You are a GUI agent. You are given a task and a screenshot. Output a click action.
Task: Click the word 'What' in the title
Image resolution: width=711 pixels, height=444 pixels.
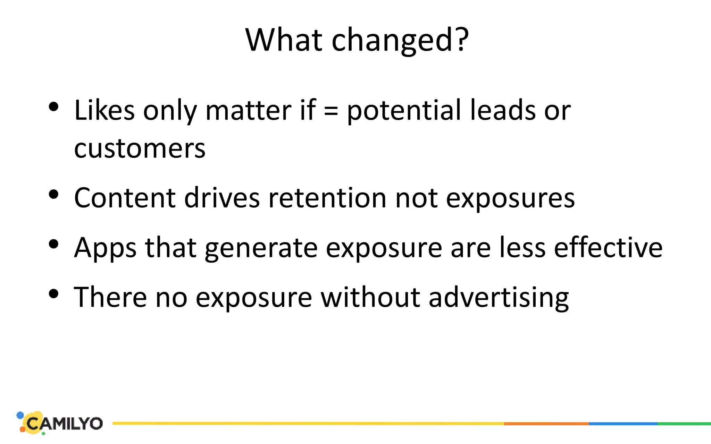point(283,40)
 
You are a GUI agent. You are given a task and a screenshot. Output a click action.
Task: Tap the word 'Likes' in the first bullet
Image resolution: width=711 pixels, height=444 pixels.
point(104,110)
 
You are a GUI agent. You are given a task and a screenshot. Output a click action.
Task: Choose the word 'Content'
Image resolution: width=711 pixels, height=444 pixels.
point(125,198)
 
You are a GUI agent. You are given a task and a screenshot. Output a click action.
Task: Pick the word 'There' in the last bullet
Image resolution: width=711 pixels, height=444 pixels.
point(110,297)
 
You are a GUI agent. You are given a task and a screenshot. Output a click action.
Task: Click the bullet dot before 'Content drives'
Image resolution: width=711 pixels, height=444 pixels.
point(53,194)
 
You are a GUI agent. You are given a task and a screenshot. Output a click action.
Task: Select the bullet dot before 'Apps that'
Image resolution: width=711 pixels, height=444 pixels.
point(53,244)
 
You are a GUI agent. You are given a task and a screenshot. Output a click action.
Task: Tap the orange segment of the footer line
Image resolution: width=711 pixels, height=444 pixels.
point(546,424)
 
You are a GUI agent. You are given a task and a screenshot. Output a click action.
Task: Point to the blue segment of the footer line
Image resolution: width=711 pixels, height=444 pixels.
point(623,424)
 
